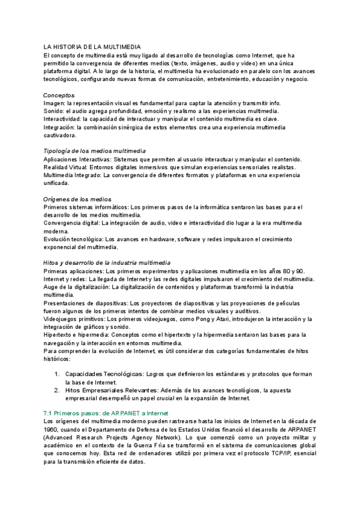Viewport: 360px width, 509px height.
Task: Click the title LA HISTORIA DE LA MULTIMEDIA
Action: tap(92, 46)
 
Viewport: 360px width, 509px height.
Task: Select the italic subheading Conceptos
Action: tap(59, 95)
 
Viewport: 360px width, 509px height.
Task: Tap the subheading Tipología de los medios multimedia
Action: tap(95, 151)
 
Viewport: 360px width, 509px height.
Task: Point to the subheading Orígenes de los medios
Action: tap(77, 199)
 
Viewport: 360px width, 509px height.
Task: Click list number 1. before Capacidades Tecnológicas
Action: tap(56, 374)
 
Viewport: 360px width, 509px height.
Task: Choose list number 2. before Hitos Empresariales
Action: tap(56, 390)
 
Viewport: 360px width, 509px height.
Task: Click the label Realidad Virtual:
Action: tap(65, 167)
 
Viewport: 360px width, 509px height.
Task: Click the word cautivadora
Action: tap(60, 136)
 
